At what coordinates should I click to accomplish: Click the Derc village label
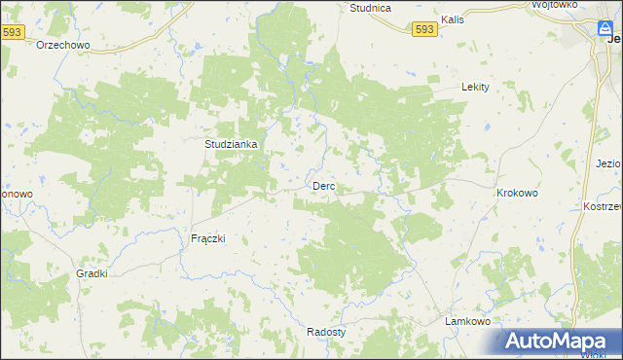pyautogui.click(x=324, y=186)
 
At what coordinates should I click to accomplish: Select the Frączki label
pyautogui.click(x=207, y=238)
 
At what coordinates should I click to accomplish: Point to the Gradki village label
pyautogui.click(x=91, y=274)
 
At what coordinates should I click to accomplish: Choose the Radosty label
pyautogui.click(x=326, y=331)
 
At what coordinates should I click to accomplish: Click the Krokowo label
pyautogui.click(x=517, y=193)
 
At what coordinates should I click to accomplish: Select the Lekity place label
pyautogui.click(x=474, y=87)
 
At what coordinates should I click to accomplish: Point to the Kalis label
pyautogui.click(x=451, y=18)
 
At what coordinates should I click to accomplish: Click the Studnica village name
pyautogui.click(x=370, y=8)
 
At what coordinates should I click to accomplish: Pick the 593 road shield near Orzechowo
pyautogui.click(x=13, y=32)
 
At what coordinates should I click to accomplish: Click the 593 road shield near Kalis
pyautogui.click(x=423, y=30)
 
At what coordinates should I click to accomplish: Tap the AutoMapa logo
pyautogui.click(x=561, y=342)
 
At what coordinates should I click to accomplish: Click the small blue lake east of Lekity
pyautogui.click(x=484, y=126)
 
